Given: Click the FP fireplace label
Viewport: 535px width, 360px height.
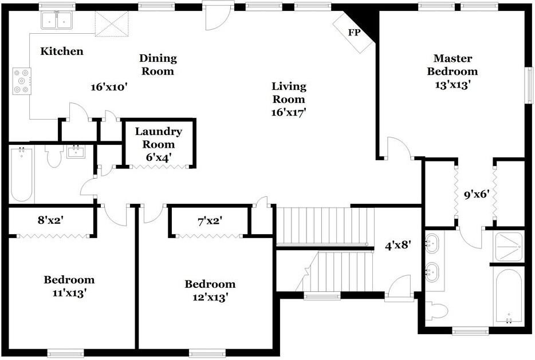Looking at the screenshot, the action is (x=354, y=33).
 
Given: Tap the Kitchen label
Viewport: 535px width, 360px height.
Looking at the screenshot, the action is (x=62, y=51).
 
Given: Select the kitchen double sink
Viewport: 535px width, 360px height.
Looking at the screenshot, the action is (x=57, y=20).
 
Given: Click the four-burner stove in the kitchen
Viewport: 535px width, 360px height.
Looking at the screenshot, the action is (x=22, y=81).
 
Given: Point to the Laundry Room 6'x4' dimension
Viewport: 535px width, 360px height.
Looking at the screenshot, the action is (x=158, y=157).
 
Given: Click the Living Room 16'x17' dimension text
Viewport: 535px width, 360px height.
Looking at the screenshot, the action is (x=288, y=112).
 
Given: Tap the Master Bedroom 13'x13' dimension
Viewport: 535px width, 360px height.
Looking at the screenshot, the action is (x=453, y=85).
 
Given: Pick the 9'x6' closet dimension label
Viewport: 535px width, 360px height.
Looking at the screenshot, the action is (x=477, y=195).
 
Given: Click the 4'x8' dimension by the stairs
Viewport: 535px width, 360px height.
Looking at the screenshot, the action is (x=398, y=246).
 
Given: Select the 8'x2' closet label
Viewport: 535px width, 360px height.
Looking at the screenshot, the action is (x=50, y=220).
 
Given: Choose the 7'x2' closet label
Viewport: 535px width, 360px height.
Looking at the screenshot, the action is (x=210, y=221).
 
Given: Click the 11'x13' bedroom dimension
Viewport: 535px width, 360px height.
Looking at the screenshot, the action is (x=69, y=293).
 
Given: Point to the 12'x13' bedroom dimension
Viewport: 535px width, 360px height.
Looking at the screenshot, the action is (x=210, y=297).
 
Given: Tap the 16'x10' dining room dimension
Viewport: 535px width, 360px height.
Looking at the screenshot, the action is (x=109, y=87).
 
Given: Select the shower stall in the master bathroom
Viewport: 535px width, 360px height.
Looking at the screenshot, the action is (x=509, y=247).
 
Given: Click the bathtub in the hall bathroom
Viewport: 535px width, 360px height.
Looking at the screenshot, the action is (x=22, y=174).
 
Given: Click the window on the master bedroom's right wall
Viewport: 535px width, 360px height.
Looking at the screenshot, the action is (x=529, y=85).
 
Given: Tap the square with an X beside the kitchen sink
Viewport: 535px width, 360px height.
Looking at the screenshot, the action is (x=112, y=23).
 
